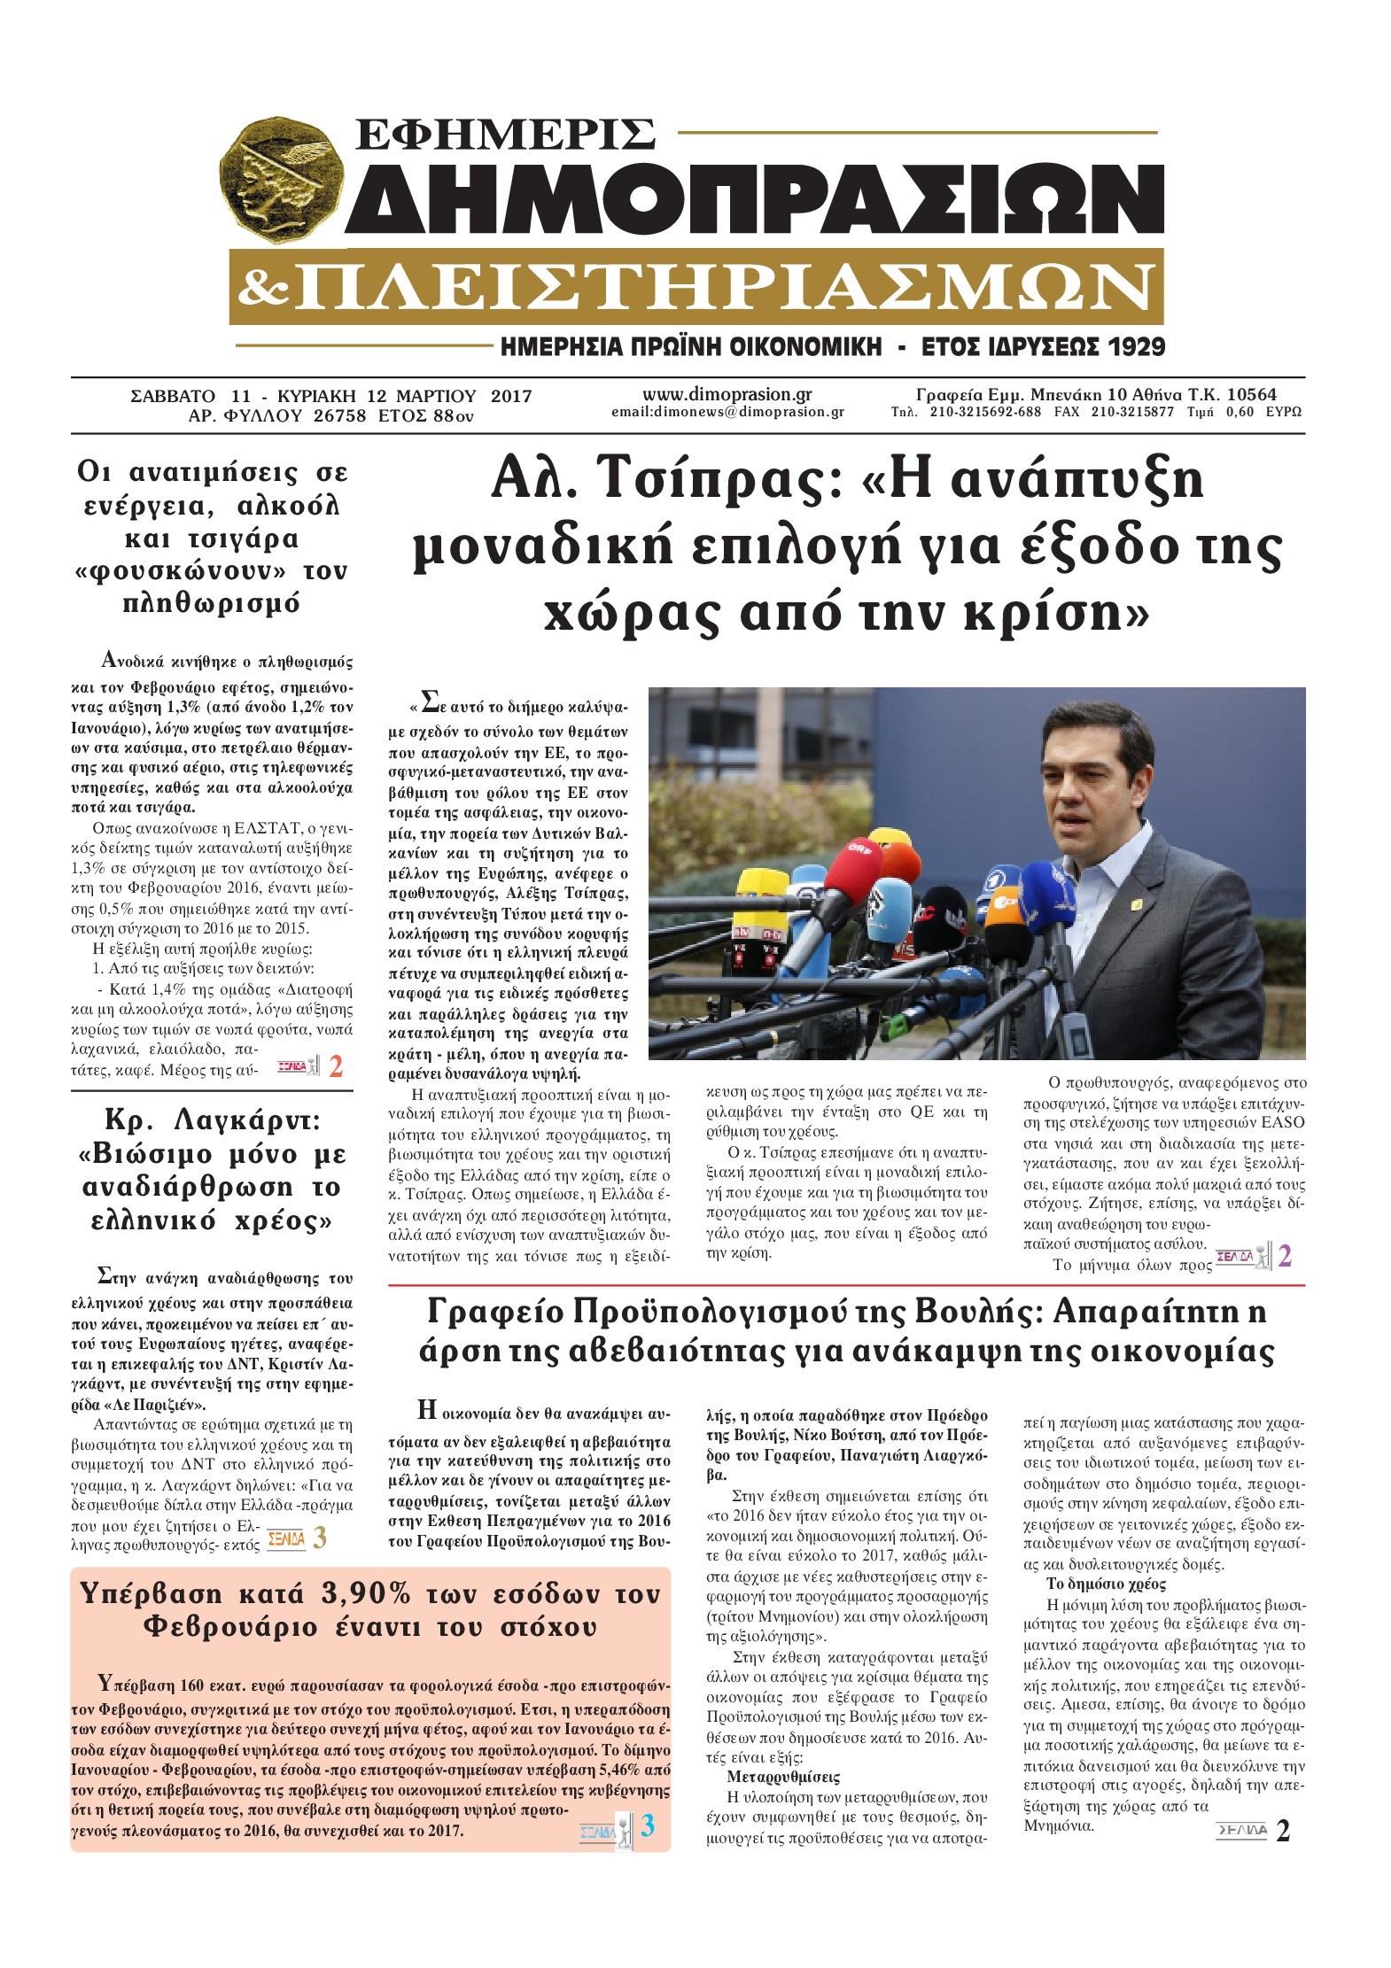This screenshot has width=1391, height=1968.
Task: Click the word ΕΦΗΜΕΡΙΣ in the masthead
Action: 503,134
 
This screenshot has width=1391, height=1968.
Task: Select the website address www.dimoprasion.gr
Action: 727,395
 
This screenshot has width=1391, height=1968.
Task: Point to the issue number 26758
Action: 339,415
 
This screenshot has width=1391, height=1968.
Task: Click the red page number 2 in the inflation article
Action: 336,1067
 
